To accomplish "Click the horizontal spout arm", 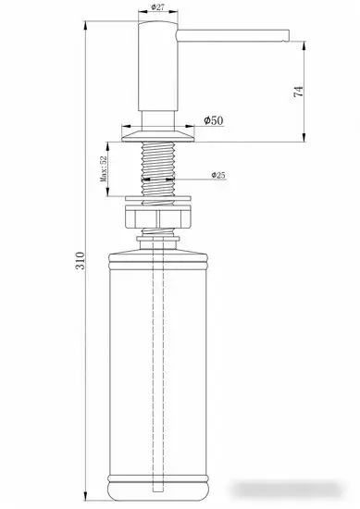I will pos(231,36).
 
